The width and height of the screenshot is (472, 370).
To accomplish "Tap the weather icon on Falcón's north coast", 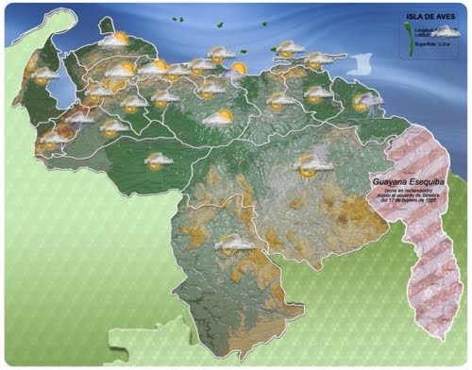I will (114, 41).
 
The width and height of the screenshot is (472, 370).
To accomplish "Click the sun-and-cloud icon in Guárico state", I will (219, 119).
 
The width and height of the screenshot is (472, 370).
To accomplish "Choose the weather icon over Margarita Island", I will (289, 48).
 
